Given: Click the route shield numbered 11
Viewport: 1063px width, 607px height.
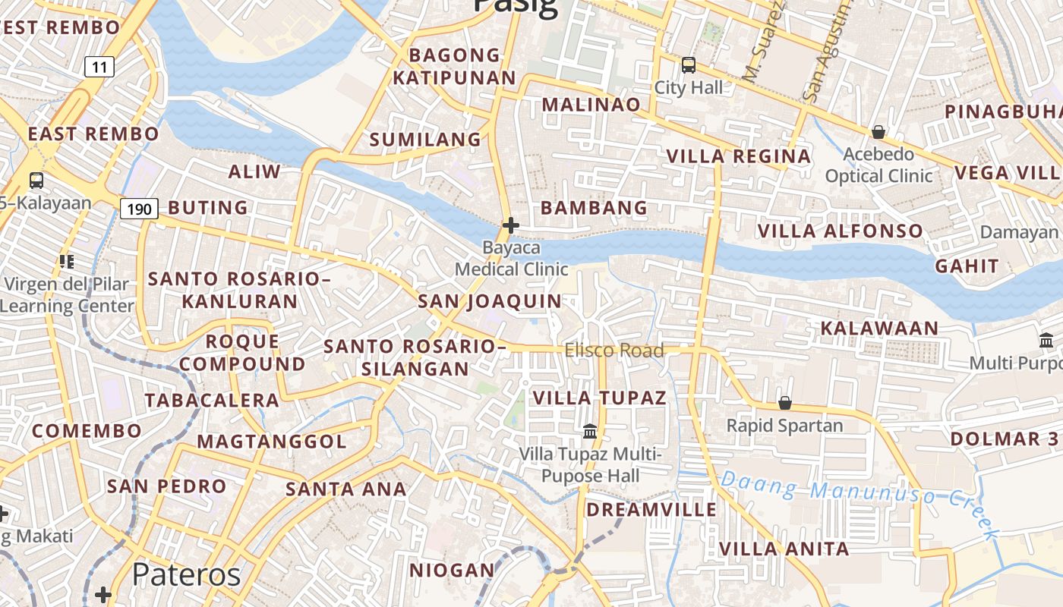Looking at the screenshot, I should coord(99,67).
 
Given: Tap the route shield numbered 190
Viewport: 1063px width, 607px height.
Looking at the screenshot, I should coord(138,208).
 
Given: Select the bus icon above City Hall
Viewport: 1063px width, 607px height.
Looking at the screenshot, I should coord(689,65).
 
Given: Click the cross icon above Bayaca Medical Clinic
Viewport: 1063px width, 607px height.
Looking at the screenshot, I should coord(511,225).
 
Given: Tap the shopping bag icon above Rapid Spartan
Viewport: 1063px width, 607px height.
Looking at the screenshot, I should coord(785,403).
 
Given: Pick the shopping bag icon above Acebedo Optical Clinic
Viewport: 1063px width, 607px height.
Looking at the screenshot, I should coord(878,132).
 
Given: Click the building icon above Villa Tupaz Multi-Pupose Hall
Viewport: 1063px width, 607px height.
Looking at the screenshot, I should coord(590,432).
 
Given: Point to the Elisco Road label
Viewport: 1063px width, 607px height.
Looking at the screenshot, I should coord(614,350).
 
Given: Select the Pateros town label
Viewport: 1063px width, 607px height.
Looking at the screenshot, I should coord(186,574).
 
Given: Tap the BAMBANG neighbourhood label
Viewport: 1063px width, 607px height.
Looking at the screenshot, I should coord(594,207).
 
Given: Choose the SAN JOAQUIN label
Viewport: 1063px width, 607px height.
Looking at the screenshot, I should coord(490,301).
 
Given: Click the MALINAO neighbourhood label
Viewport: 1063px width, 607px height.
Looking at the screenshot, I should coord(591,105).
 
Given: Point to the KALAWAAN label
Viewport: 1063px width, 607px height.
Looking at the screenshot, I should coord(879,329).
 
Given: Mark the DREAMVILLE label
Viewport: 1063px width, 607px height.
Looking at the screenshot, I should coord(651,509).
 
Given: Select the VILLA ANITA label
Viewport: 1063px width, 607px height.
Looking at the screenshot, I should coord(784,549).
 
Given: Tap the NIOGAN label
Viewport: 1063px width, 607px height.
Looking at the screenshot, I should coord(453,570).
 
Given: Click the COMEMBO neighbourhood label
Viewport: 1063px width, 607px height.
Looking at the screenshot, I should coord(87,431).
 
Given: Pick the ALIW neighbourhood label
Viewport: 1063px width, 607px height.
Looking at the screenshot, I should coord(254,171).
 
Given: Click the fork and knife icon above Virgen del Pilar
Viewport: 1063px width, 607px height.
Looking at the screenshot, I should coord(67,262).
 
